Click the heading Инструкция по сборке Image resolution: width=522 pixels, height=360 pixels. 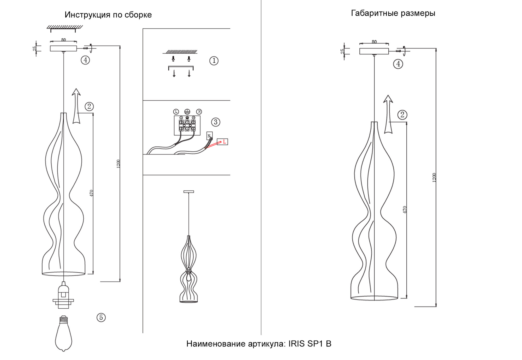pos(108,15)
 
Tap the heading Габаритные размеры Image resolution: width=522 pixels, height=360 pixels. pos(393,13)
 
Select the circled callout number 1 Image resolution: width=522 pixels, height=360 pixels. pos(214,61)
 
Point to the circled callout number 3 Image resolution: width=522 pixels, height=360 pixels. pos(216,122)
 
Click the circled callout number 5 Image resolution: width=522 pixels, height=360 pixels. pos(101,317)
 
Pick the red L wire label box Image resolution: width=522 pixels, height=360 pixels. pos(222,142)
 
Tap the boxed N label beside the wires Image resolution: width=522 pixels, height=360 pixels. pos(209,135)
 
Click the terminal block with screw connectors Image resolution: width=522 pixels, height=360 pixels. pos(187,125)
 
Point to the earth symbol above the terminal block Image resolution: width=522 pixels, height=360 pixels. pos(187,112)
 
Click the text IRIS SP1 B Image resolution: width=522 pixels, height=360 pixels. pos(310,344)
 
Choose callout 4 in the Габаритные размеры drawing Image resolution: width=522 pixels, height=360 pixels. pos(398,64)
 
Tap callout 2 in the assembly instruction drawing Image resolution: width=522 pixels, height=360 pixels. pos(89,106)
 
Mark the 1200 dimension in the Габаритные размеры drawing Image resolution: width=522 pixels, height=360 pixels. pos(434,177)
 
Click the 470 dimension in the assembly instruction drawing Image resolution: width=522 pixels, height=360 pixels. pos(91,193)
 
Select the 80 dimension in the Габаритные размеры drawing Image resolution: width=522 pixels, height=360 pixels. pos(374,42)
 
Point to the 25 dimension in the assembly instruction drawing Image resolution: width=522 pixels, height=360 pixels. pos(34,49)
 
